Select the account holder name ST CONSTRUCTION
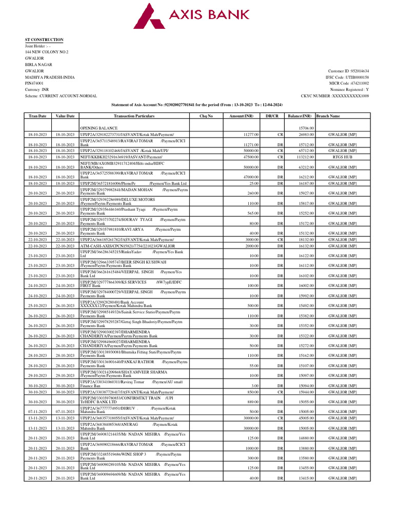45,40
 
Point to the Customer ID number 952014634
348,71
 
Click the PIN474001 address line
34,83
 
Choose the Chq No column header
206,116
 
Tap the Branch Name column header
328,116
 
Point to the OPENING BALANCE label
98,127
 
